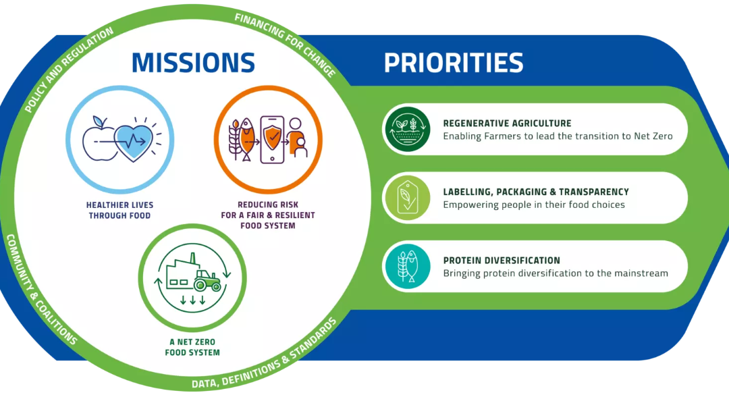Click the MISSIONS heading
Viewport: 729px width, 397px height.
193,62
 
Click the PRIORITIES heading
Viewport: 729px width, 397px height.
454,63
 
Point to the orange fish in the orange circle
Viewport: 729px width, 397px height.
246,138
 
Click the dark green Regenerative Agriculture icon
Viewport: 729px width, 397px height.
406,130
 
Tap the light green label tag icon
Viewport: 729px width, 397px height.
406,198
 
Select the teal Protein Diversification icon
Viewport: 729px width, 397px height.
406,267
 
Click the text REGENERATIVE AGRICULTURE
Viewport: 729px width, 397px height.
507,124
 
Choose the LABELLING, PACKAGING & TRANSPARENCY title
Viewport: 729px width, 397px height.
536,192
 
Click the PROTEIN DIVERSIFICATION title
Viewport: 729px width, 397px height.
502,261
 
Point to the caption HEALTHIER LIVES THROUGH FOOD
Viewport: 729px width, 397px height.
119,211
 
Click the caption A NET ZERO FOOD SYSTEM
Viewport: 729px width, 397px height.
194,348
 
